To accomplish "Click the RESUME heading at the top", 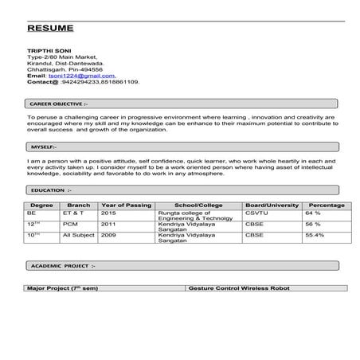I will click(50, 28).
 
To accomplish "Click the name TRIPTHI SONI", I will click(49, 51).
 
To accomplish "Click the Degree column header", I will click(41, 205).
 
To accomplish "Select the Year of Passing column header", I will click(125, 205).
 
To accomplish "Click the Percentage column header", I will click(326, 205).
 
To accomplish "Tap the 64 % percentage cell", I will click(312, 213).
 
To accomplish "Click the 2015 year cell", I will click(108, 213).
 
